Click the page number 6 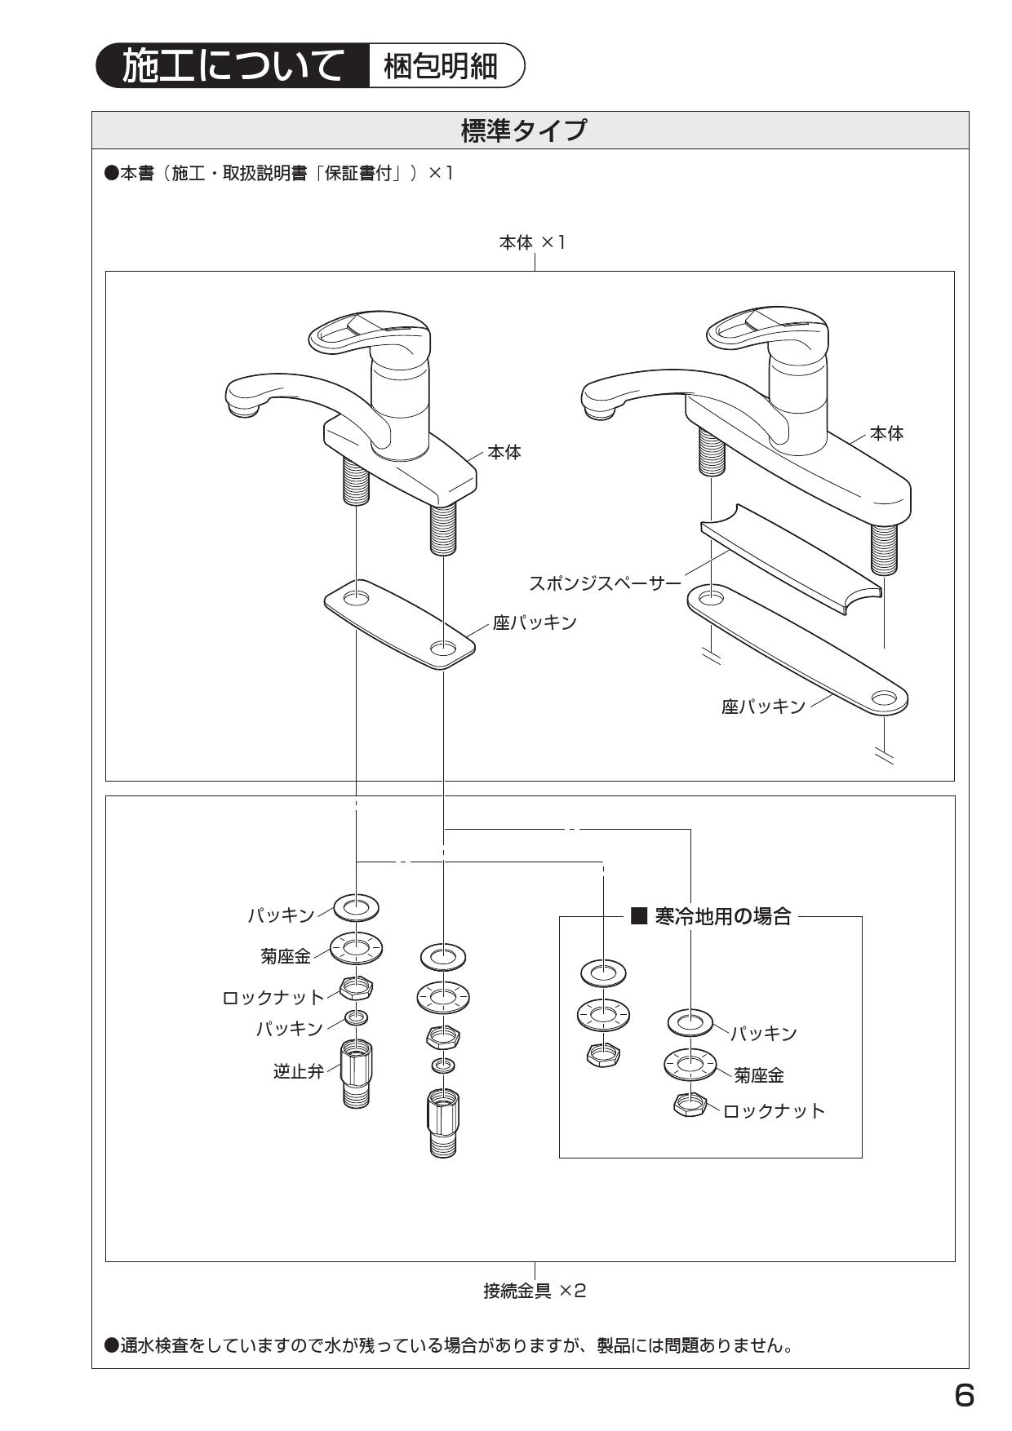click(x=964, y=1396)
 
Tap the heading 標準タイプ click(x=523, y=131)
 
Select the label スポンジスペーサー click(x=605, y=583)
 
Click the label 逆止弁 click(x=298, y=1071)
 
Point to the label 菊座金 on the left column click(x=286, y=956)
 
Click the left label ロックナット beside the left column click(x=273, y=997)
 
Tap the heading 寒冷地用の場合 click(x=721, y=916)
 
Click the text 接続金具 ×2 click(x=535, y=1291)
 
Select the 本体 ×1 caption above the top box click(x=532, y=242)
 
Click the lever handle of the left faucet click(x=367, y=330)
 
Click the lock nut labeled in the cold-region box click(x=690, y=1105)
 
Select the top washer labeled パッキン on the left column click(x=356, y=906)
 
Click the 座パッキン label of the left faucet click(x=535, y=622)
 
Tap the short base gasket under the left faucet click(x=399, y=624)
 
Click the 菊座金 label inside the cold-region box click(x=758, y=1075)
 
